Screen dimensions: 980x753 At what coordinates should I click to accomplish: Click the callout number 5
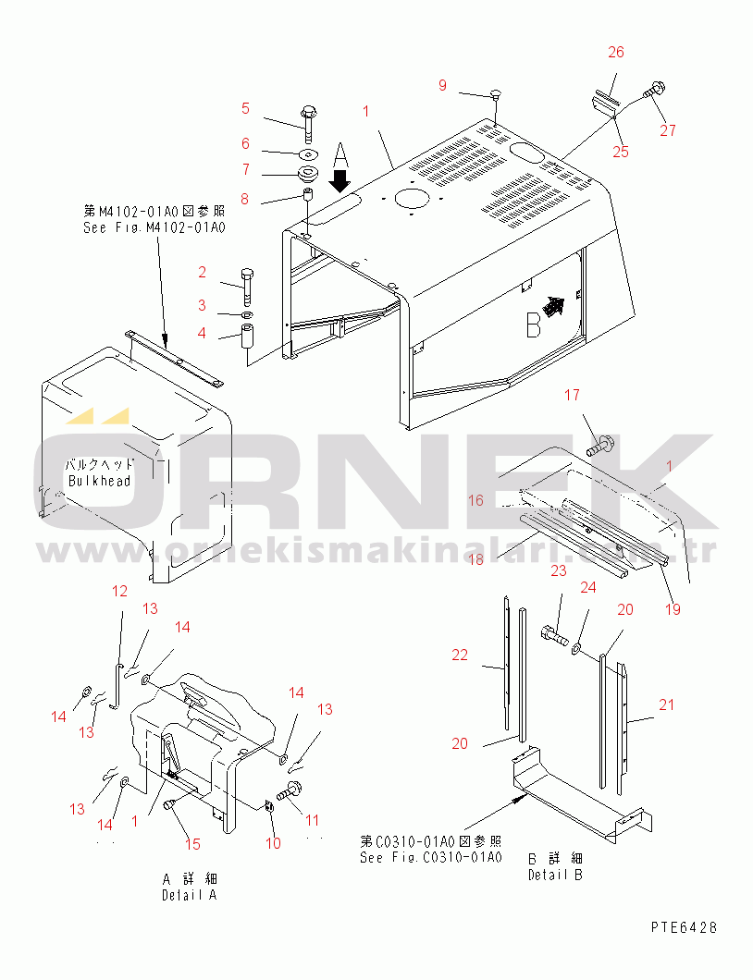(x=245, y=108)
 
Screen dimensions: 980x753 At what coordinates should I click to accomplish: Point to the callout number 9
(x=442, y=85)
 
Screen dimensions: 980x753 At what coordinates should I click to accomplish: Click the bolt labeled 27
(x=653, y=91)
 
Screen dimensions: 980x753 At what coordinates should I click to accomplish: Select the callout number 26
(x=616, y=52)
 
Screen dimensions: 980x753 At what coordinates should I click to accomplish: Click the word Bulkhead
(x=99, y=481)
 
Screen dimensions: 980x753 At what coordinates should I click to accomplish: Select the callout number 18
(x=475, y=559)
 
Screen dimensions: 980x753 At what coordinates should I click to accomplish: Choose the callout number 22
(x=460, y=655)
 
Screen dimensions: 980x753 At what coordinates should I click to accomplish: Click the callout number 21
(x=666, y=705)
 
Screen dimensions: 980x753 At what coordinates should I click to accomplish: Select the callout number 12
(x=119, y=591)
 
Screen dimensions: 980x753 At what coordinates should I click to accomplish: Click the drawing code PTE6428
(x=683, y=927)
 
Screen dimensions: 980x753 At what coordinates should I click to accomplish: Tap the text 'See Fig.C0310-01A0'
(x=430, y=857)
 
